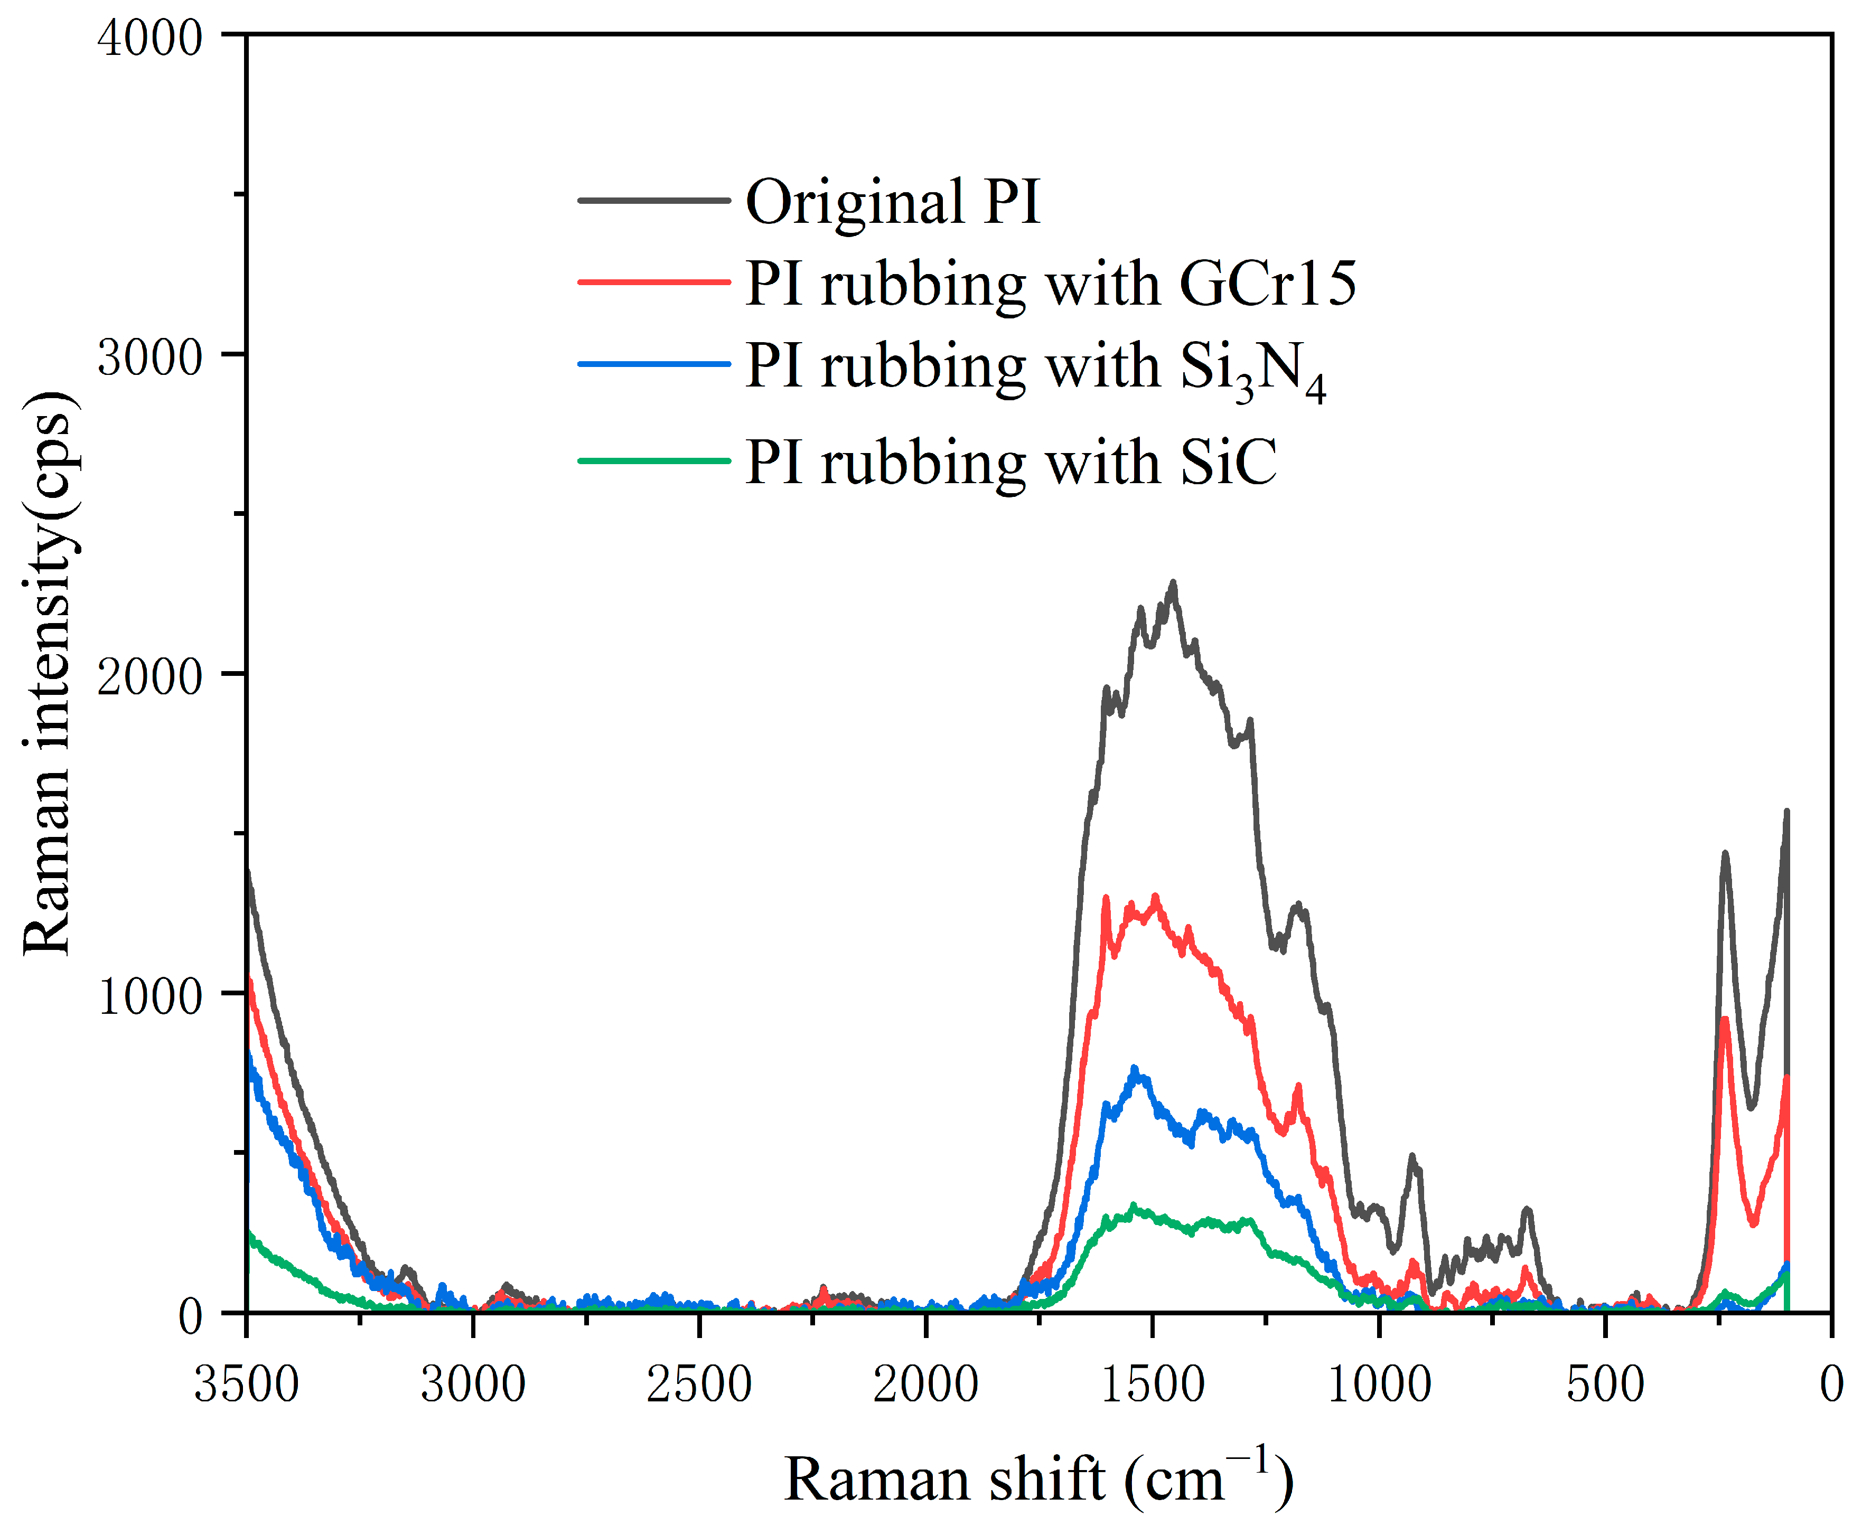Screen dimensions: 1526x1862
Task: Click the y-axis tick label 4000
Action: pyautogui.click(x=149, y=39)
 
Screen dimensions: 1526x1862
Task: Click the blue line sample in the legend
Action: pyautogui.click(x=654, y=364)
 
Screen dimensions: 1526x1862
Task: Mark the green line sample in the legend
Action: pyautogui.click(x=654, y=460)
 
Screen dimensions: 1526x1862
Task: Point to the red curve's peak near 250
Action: pyautogui.click(x=1725, y=1020)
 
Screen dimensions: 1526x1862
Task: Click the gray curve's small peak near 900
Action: pyautogui.click(x=1412, y=1157)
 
